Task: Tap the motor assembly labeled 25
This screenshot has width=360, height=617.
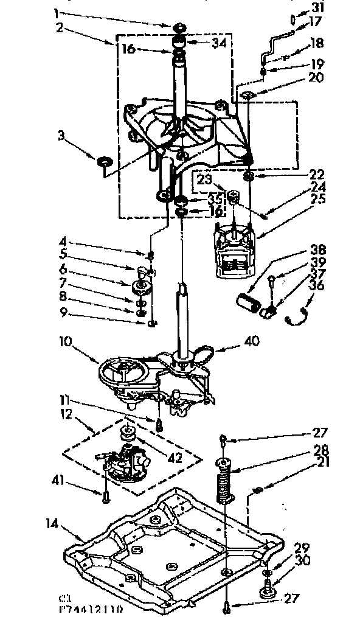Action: point(234,249)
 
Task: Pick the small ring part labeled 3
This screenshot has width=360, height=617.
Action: point(104,161)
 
